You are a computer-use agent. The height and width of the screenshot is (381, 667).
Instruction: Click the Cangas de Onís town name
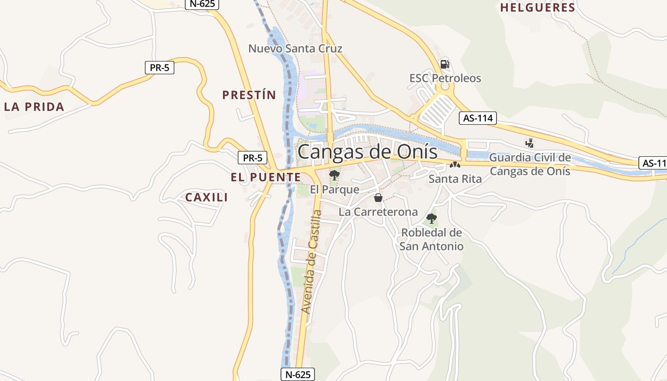[367, 152]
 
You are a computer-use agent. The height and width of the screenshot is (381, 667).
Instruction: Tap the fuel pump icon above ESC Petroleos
[445, 64]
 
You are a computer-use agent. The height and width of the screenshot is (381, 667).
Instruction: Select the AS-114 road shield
[478, 118]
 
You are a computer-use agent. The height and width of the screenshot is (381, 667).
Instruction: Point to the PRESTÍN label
[249, 95]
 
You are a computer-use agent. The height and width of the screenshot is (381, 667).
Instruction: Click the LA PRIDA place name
[34, 107]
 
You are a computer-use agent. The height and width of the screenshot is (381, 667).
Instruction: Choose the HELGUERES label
[538, 8]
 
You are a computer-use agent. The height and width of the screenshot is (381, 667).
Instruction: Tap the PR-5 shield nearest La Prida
[160, 68]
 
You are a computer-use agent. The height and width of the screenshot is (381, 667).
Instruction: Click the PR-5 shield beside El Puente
[253, 158]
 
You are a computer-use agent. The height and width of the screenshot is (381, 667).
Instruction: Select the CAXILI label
[206, 197]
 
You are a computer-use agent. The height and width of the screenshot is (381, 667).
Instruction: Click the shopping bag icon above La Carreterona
[378, 197]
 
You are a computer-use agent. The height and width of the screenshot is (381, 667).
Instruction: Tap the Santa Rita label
[455, 179]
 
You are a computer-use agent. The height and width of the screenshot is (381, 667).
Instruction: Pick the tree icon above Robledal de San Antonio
[432, 219]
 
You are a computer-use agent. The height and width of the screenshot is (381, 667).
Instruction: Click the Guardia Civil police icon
[529, 142]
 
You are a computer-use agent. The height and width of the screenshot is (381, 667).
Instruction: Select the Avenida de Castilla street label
[313, 262]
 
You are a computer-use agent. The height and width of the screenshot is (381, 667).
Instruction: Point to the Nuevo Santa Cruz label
[295, 49]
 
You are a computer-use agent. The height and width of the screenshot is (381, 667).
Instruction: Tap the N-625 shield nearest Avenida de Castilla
[297, 374]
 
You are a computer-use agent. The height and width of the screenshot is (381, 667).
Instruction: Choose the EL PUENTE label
[266, 178]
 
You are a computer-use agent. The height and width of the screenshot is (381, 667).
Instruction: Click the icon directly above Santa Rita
[455, 165]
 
